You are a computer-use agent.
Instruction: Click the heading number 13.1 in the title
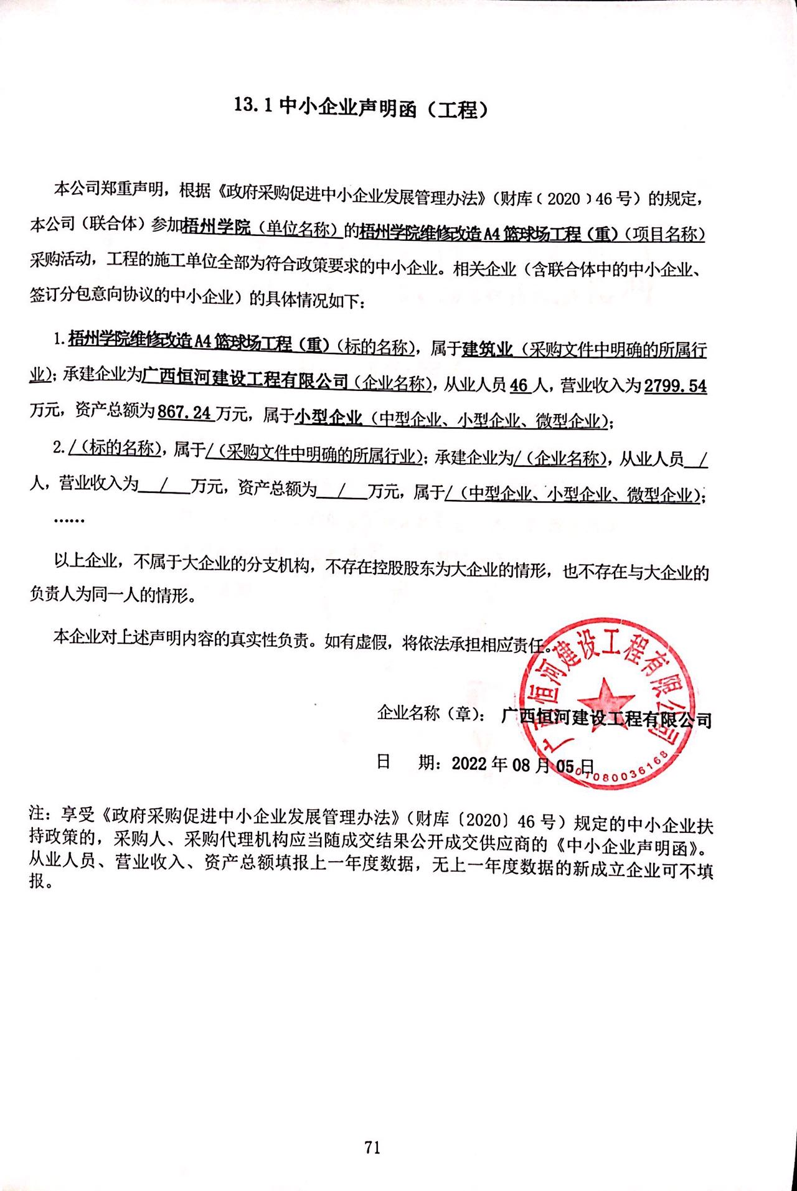point(253,105)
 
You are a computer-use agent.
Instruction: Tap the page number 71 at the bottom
point(372,1147)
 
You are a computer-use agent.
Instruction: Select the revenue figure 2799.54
point(675,386)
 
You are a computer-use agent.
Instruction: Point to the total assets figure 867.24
point(185,412)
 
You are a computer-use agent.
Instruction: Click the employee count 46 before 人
point(519,385)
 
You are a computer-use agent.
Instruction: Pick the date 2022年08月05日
point(522,764)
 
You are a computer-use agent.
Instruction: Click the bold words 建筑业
point(487,349)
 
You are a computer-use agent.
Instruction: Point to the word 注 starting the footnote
point(37,812)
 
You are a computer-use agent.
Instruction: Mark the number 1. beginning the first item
point(59,339)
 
